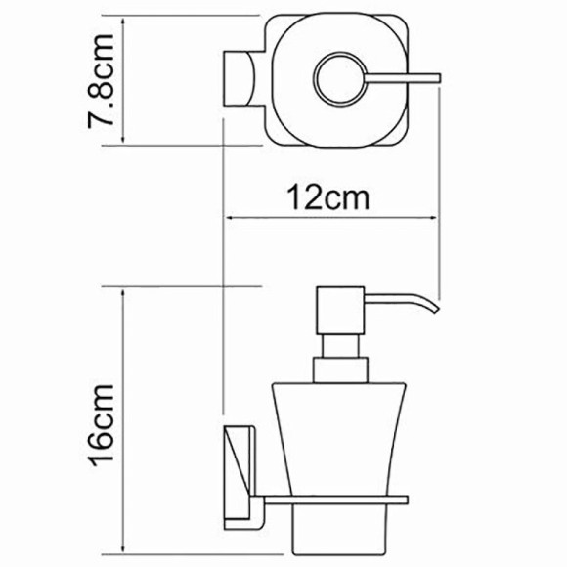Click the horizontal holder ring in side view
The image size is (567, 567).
pos(332,502)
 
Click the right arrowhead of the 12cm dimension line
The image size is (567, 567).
pos(433,218)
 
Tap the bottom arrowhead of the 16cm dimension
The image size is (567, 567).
pos(122,542)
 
